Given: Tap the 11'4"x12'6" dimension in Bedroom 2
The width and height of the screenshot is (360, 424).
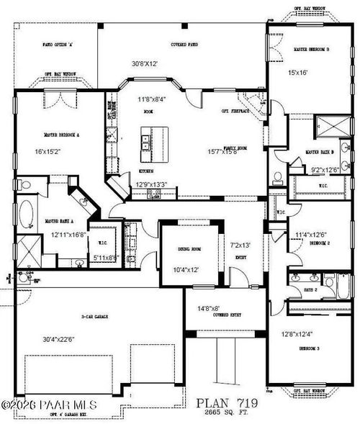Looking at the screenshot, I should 311,234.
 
